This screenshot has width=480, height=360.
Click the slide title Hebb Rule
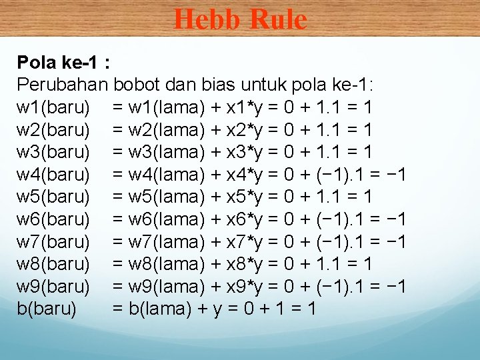pos(240,19)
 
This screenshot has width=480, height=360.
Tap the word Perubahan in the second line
pos(63,85)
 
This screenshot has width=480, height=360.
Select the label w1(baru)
pos(53,107)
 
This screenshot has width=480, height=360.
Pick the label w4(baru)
pos(53,175)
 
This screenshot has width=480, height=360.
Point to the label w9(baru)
pos(53,287)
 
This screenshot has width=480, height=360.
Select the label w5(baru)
pos(53,197)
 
